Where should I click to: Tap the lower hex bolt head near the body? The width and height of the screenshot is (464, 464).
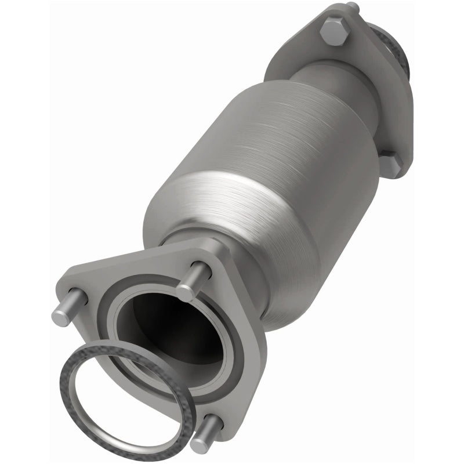(390, 165)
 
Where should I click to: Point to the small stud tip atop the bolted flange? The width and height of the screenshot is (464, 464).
(352, 7)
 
